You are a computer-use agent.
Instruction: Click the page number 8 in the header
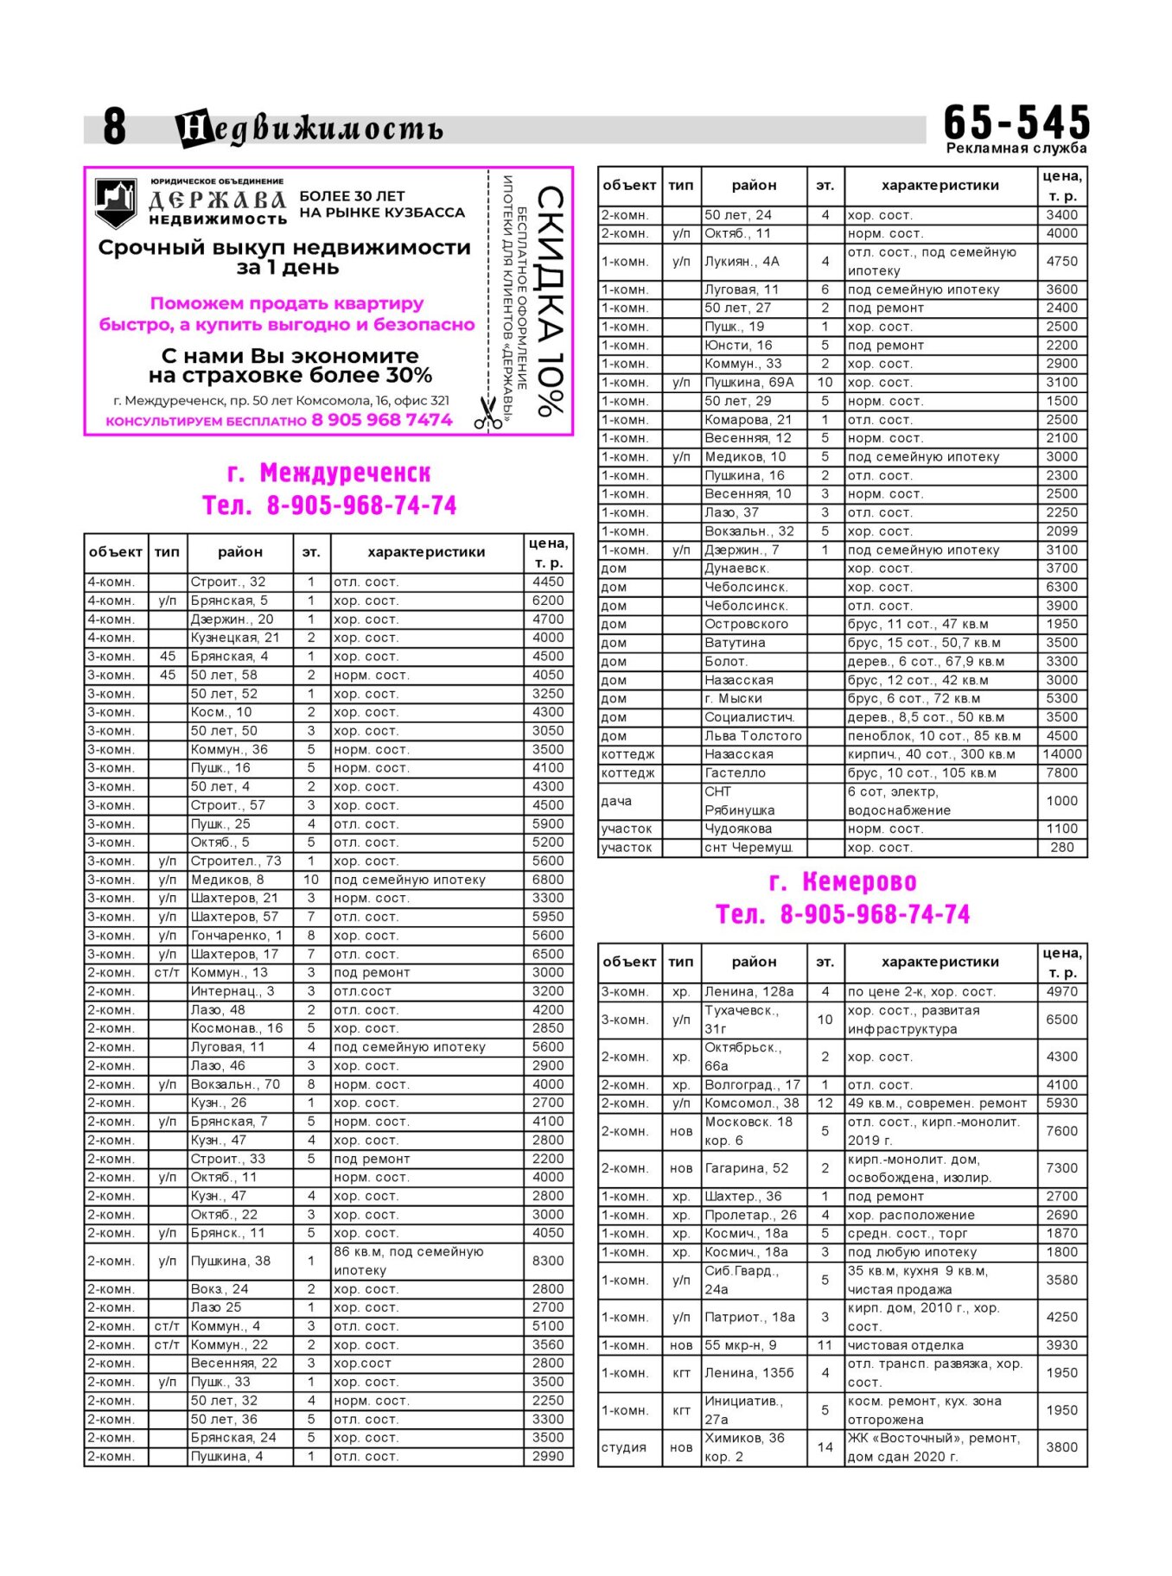[114, 127]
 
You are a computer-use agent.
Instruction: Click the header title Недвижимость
[309, 129]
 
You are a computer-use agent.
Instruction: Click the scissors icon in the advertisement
[488, 413]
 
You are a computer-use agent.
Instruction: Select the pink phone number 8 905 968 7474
[381, 421]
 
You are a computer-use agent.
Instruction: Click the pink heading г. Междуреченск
[328, 473]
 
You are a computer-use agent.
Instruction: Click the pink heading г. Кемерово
[842, 882]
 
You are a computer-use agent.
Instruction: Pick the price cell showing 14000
[1061, 754]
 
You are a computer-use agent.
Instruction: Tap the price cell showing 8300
[548, 1261]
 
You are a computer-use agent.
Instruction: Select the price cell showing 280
[1061, 848]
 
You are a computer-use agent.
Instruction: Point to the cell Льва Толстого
[753, 736]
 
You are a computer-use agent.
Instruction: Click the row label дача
[616, 801]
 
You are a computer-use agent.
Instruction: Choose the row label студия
[623, 1447]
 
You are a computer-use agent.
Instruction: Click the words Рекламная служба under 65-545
[1016, 149]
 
